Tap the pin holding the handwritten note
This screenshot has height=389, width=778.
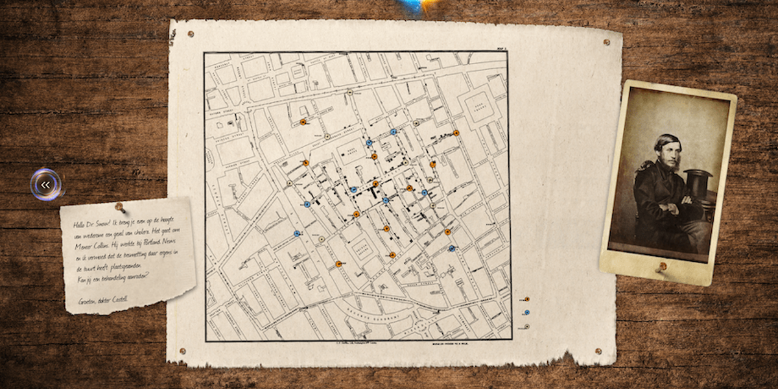pos(120,207)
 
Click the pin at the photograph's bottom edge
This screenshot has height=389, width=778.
pos(661,266)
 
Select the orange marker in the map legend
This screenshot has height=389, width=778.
pos(526,300)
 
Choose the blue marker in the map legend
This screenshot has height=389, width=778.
pos(526,312)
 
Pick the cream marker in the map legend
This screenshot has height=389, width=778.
pos(526,325)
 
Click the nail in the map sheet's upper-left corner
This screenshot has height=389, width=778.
pos(190,34)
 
